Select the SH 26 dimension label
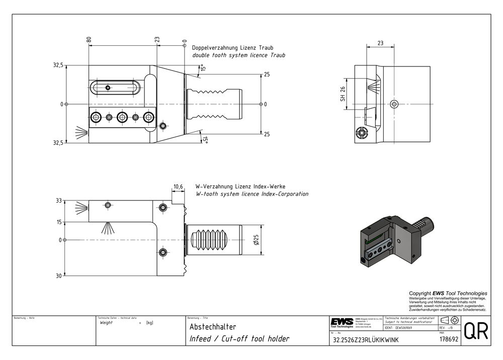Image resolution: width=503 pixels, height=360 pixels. point(343,90)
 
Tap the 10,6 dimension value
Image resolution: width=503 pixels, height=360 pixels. point(178,187)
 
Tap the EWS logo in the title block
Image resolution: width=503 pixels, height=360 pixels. point(342,322)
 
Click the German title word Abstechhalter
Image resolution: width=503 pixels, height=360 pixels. point(212,327)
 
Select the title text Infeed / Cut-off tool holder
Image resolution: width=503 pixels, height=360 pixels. point(239,339)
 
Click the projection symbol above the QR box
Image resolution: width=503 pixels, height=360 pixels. point(449,321)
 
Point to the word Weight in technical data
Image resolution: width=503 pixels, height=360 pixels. point(107,323)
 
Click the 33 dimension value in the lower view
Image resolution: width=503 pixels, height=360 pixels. point(58,200)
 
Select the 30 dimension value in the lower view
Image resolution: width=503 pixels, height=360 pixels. point(58,276)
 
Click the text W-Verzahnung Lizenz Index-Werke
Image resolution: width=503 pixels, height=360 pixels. point(240,186)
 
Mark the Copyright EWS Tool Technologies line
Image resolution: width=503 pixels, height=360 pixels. point(448,293)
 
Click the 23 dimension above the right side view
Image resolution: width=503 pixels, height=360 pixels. point(380,43)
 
